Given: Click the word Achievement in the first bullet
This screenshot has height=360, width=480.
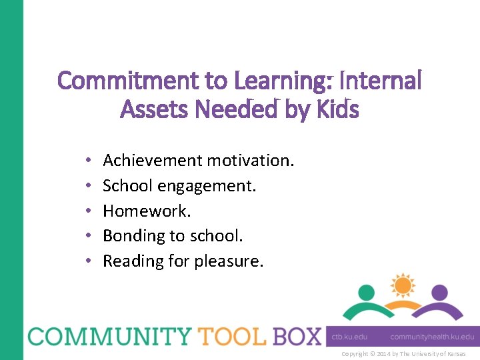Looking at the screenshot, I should (153, 161).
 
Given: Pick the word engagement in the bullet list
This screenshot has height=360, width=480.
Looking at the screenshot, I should (213, 186).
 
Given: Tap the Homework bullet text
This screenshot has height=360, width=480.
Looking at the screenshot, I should (147, 211).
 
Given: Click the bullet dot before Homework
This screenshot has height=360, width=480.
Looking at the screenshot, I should (89, 211).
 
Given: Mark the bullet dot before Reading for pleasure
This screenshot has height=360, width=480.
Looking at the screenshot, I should (89, 261).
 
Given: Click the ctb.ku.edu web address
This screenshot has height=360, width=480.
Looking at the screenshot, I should (349, 337).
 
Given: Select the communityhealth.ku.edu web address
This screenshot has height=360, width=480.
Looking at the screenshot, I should (431, 337).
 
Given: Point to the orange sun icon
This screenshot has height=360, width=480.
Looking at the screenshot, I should (402, 286).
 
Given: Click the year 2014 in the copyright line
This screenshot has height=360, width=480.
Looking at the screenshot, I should (385, 354).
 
